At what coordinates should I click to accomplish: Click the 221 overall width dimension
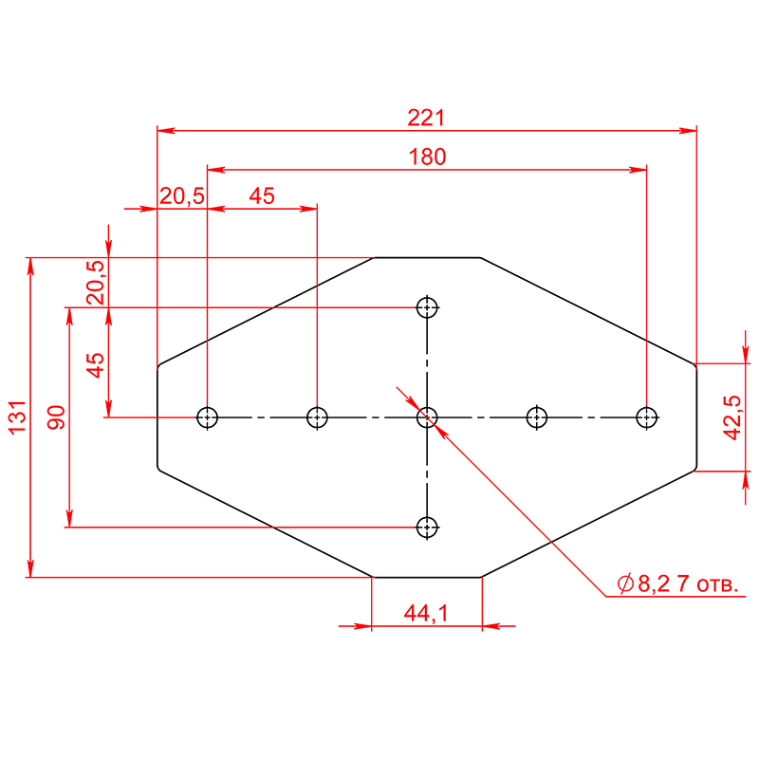pyautogui.click(x=426, y=118)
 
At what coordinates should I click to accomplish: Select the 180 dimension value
pyautogui.click(x=427, y=157)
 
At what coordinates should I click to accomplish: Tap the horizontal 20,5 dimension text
pyautogui.click(x=182, y=196)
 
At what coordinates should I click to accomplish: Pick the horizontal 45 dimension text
pyautogui.click(x=262, y=196)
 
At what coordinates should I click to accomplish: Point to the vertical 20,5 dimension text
pyautogui.click(x=96, y=283)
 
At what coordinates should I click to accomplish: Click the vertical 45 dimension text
pyautogui.click(x=96, y=365)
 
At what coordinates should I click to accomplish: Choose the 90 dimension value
pyautogui.click(x=56, y=417)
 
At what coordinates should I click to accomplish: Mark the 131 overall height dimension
pyautogui.click(x=17, y=417)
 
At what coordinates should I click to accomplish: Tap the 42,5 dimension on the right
pyautogui.click(x=731, y=417)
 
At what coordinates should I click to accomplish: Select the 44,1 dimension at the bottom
pyautogui.click(x=426, y=613)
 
